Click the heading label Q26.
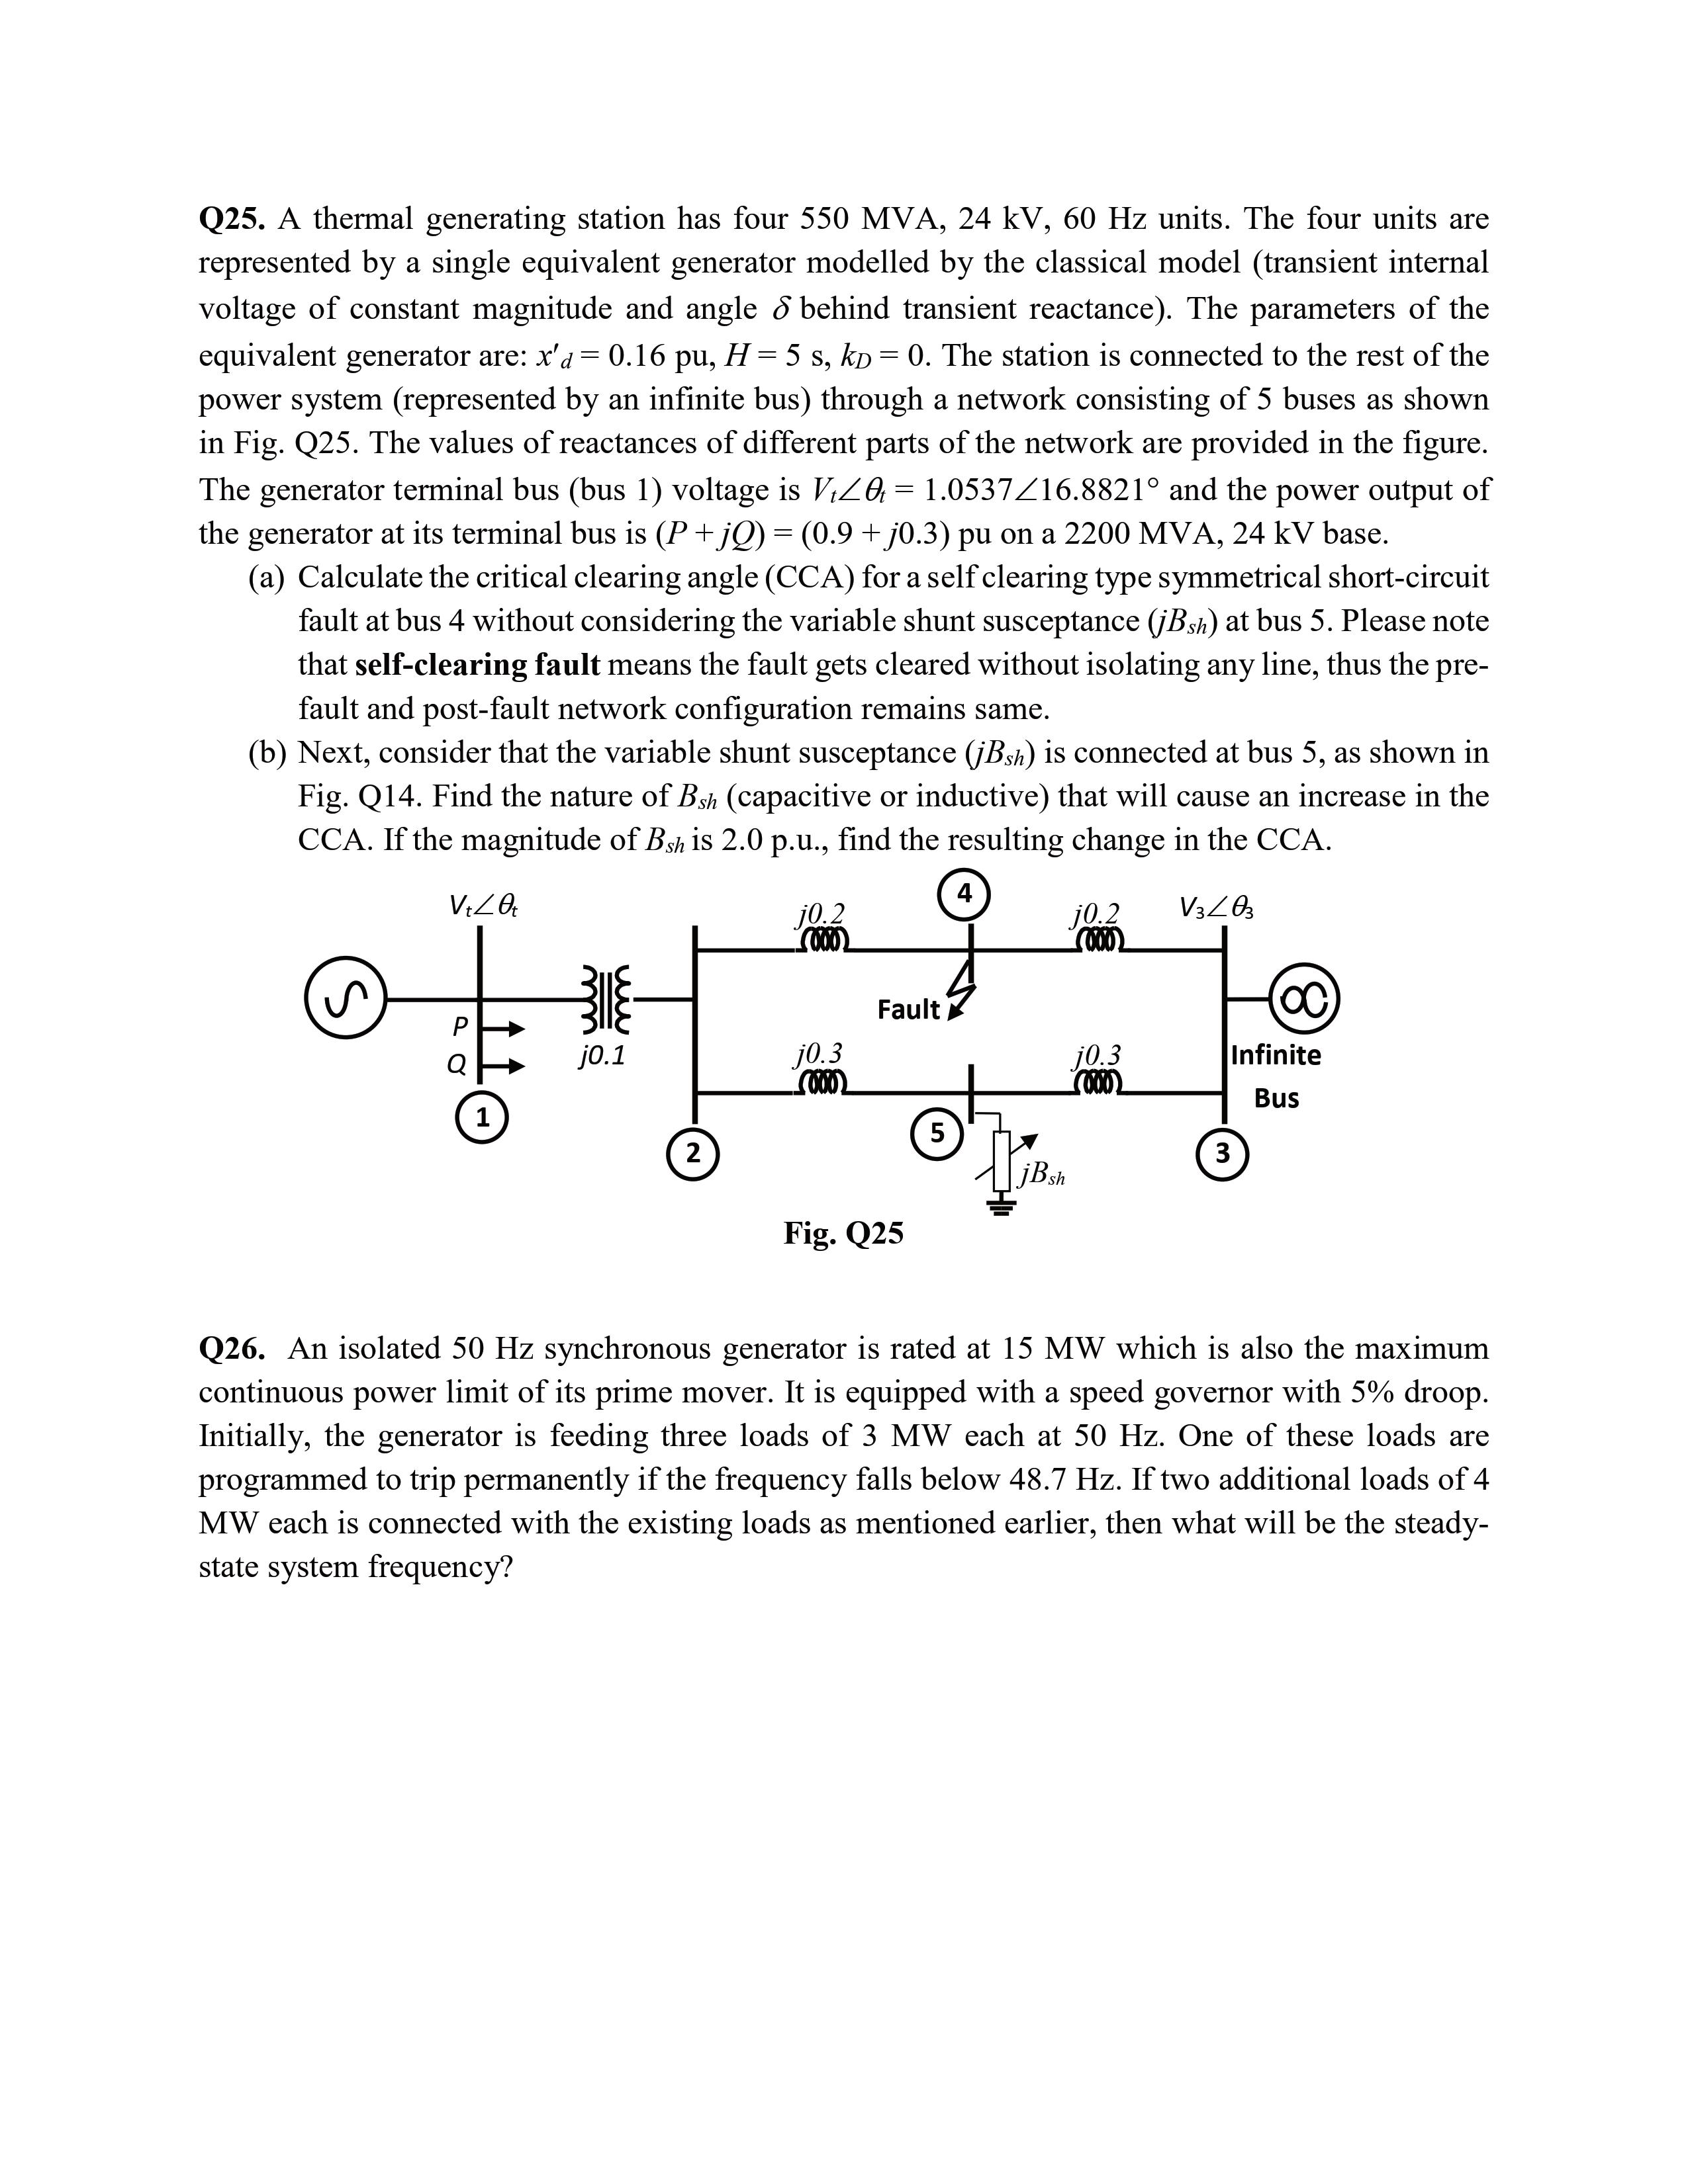pos(232,1348)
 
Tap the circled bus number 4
pos(964,894)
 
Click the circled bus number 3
pos(1222,1154)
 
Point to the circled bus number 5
pos(937,1133)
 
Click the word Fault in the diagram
pos(908,1011)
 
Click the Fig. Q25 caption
pos(843,1234)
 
